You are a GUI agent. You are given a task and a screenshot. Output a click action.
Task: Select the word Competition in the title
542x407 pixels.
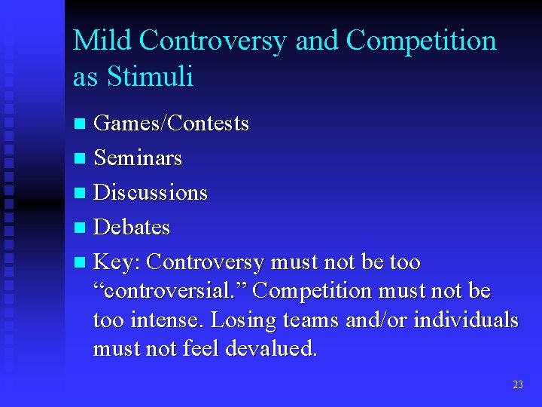421,41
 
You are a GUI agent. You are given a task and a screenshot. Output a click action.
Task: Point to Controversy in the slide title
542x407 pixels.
212,41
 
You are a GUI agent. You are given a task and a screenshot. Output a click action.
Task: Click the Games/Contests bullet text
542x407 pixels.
171,123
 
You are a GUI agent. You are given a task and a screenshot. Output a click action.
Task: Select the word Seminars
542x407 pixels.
138,158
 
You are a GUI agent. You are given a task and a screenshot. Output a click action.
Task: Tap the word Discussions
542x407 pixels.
150,192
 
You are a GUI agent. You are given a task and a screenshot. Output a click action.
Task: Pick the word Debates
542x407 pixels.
132,227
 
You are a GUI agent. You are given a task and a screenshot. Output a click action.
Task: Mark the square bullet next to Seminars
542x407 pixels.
81,158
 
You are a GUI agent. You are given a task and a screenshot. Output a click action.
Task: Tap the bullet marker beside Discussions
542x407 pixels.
81,193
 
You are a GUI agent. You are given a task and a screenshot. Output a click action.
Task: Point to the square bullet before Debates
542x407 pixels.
81,228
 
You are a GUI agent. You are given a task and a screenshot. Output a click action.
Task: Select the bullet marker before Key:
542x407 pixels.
81,263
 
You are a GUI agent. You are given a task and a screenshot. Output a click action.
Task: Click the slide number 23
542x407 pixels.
517,384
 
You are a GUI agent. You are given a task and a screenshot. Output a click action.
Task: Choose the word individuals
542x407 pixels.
466,320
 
